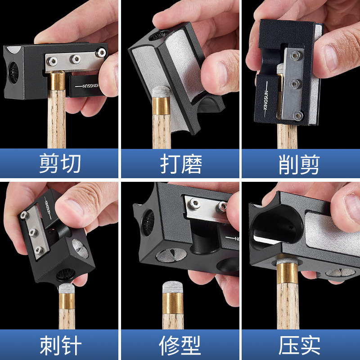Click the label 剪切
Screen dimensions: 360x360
60,164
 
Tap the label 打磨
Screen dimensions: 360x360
180,164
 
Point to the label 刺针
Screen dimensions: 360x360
60,346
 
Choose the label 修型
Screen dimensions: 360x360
180,346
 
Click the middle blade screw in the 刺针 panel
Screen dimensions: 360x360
32,233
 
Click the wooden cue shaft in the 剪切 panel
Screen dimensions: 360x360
57,121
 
